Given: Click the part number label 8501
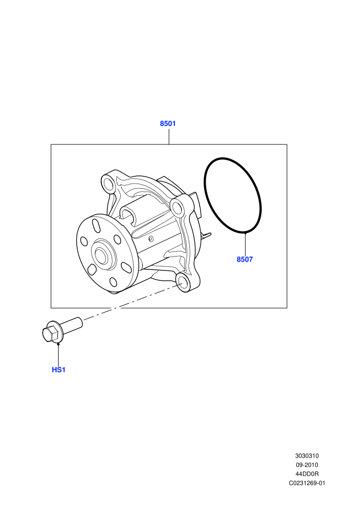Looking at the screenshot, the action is [168, 124].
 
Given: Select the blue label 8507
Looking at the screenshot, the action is [245, 259].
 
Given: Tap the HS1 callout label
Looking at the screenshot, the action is [59, 370].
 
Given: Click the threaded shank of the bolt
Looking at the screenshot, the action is [71, 324].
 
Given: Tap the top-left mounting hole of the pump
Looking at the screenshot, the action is [108, 185].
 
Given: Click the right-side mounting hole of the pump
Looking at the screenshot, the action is [177, 207].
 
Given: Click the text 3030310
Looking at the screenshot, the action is [307, 456].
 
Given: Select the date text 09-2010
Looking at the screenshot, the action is [307, 465].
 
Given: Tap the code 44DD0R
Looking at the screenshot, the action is [307, 474].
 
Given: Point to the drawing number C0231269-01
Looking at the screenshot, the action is [307, 483].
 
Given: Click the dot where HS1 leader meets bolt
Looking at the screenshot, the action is [59, 344].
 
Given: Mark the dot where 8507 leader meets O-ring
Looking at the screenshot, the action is [245, 232].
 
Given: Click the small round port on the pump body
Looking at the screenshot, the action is [151, 239].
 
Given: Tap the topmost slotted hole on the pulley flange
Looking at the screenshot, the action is [96, 225].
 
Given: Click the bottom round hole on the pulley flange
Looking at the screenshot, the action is [113, 282].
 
